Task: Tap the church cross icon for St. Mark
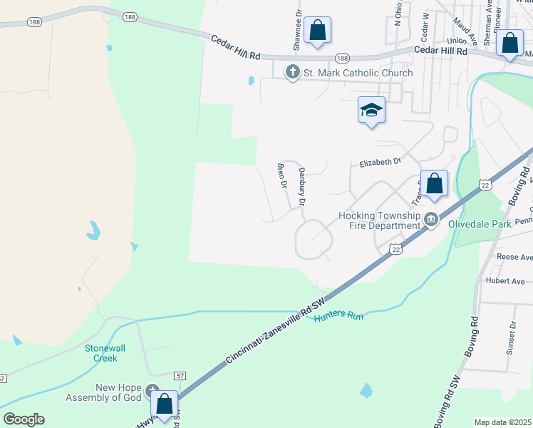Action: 292,72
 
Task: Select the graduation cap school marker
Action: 371,110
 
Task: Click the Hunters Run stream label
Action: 338,314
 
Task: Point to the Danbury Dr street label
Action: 301,187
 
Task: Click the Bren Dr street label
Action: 281,175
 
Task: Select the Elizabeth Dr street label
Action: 381,163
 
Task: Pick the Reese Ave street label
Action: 515,257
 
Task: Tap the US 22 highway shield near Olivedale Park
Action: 396,248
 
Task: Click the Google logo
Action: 24,419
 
